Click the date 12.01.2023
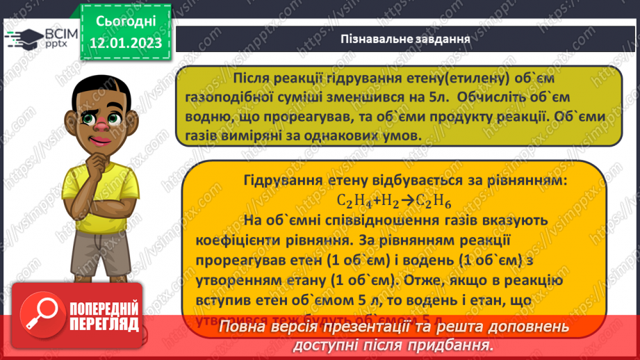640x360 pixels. coord(125,44)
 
